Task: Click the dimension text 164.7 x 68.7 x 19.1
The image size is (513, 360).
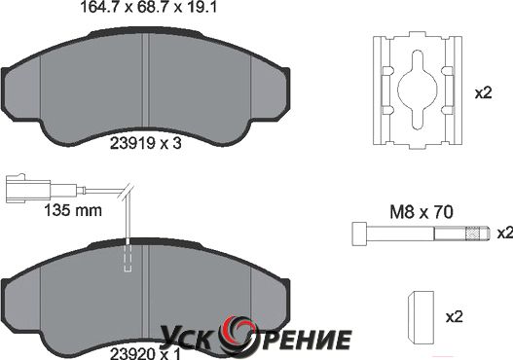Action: (x=149, y=7)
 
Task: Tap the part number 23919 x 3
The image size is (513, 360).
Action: (x=146, y=143)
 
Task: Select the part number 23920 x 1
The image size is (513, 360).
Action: (x=145, y=354)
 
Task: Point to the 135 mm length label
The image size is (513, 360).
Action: (x=73, y=210)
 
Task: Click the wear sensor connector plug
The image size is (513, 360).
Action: (x=28, y=189)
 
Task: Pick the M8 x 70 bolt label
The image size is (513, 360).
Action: (x=421, y=212)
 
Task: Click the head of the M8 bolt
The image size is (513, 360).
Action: (x=359, y=234)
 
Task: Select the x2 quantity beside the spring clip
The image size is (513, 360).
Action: (x=483, y=93)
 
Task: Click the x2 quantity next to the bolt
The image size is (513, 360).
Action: (x=505, y=234)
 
